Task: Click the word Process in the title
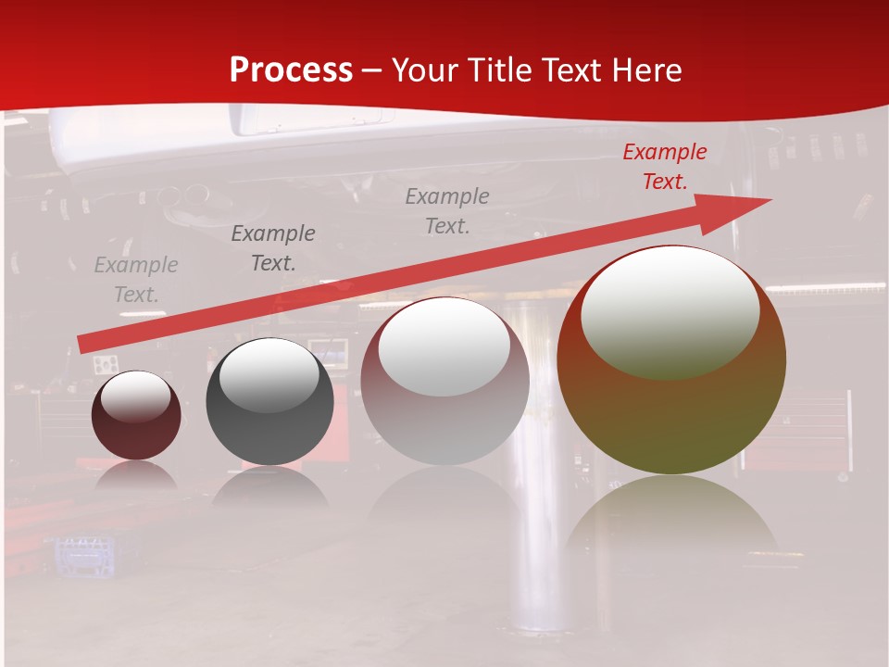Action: coord(291,70)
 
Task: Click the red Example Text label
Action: coord(664,167)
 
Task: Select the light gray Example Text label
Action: coord(136,280)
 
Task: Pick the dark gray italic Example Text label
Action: coord(273,248)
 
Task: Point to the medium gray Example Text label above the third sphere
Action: coord(447,211)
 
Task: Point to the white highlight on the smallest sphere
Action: coord(136,396)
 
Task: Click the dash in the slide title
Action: coord(372,70)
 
